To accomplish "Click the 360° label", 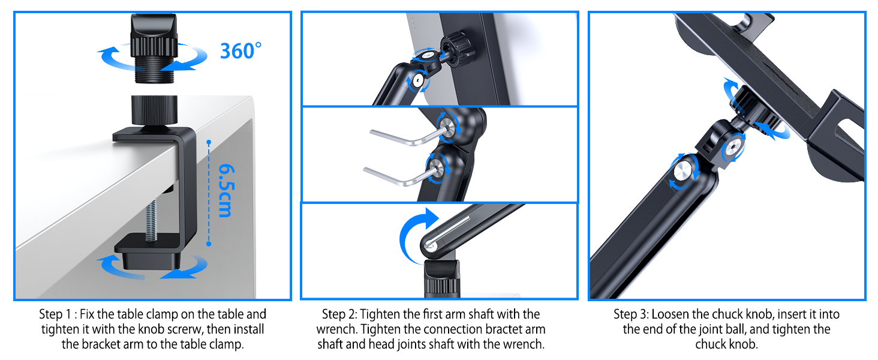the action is pos(240,51).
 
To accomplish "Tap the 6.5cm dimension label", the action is pos(227,191).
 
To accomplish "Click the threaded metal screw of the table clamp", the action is pos(152,220).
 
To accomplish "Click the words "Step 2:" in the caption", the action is pos(339,314).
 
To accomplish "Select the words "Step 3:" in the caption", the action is pos(631,314).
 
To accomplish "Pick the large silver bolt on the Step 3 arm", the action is pos(683,171).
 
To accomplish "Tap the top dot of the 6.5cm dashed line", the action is pos(209,142).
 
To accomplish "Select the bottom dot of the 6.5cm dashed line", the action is pos(209,244).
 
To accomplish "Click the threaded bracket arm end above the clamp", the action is pos(154,48).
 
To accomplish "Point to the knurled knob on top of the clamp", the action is pos(154,110).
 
